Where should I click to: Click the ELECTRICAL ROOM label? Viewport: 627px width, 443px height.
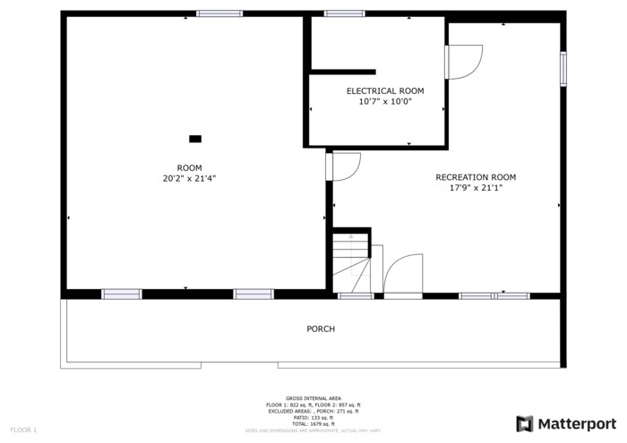(x=385, y=90)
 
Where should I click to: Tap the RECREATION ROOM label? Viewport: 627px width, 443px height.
(x=476, y=177)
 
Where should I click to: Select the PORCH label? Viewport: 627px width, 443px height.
(x=321, y=329)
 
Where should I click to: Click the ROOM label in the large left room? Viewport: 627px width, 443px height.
(x=189, y=167)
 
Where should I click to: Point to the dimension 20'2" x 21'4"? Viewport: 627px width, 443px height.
(x=189, y=178)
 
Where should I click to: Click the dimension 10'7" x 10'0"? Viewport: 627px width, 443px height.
(x=385, y=101)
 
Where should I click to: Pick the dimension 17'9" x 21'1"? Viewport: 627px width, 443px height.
(x=476, y=188)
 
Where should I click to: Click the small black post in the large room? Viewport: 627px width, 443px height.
(x=195, y=139)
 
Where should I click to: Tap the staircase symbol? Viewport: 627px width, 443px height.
(x=352, y=261)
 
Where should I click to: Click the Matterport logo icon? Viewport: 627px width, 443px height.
(x=525, y=423)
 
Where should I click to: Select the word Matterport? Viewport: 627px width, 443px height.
(x=578, y=423)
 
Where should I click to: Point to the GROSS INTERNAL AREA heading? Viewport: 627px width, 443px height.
(x=313, y=398)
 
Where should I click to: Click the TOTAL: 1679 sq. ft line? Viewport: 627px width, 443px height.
(x=313, y=423)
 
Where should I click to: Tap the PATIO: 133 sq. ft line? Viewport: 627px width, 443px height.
(x=313, y=417)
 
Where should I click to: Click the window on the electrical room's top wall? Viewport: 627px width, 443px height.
(x=345, y=13)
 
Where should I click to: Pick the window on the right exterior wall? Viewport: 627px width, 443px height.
(x=563, y=69)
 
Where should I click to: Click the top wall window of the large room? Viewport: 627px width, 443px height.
(x=219, y=13)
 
